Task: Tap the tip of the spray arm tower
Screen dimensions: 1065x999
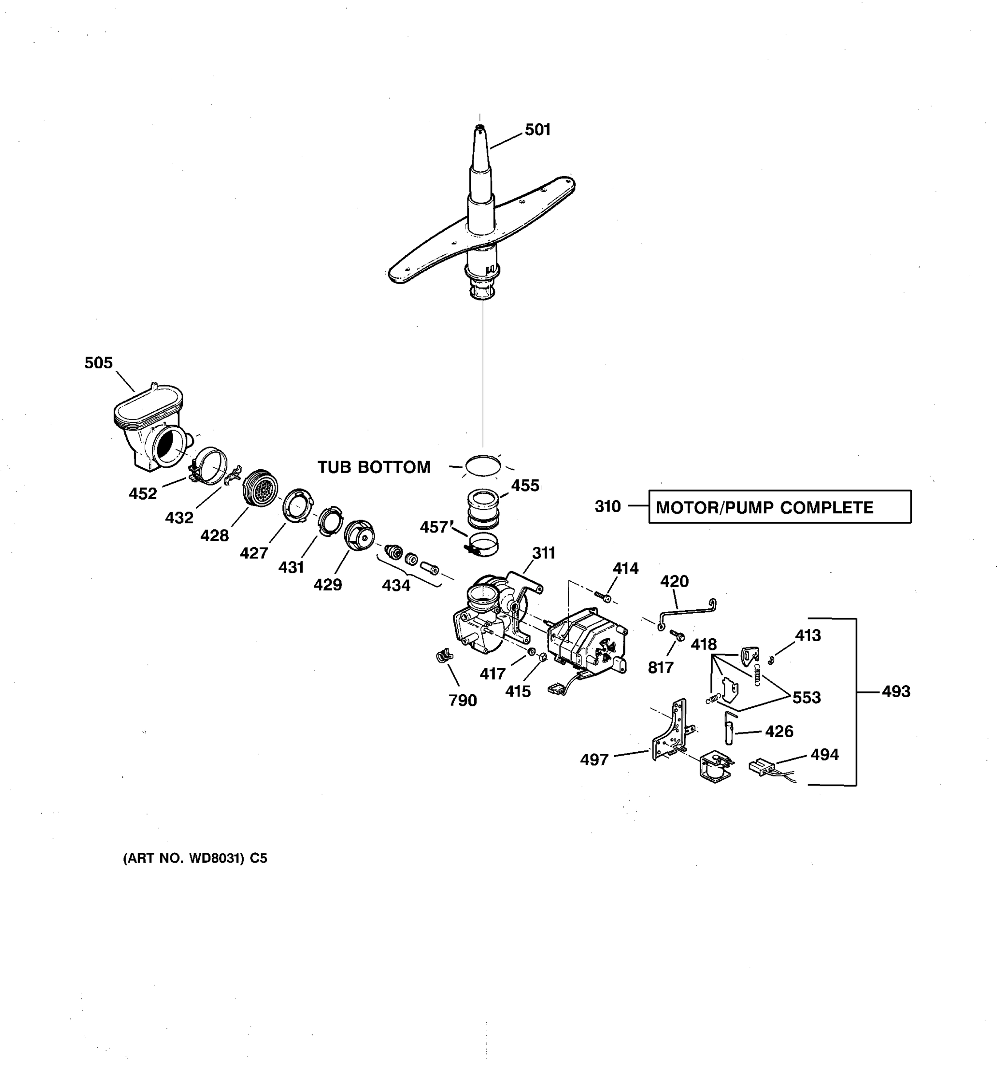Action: [x=480, y=127]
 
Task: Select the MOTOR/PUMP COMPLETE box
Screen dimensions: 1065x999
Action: [x=779, y=507]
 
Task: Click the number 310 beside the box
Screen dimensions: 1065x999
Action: [x=607, y=506]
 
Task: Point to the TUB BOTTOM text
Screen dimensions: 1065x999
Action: [x=373, y=467]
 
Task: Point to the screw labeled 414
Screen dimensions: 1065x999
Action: [x=603, y=595]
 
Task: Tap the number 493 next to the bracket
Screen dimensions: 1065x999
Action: [x=896, y=692]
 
